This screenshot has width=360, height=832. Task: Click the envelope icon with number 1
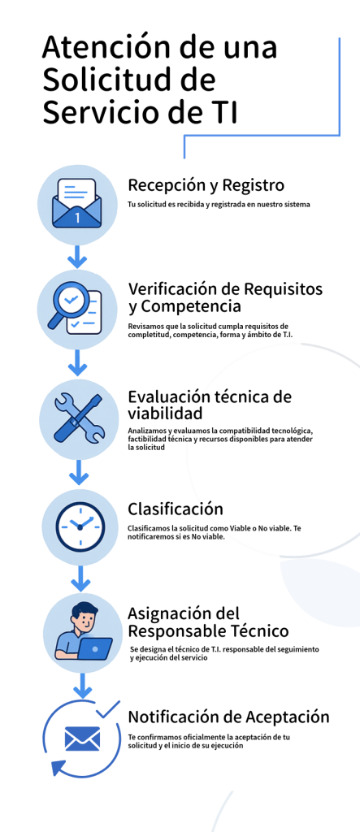click(x=77, y=204)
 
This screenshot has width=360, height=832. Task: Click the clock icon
click(x=80, y=526)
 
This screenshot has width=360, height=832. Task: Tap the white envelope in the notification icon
click(x=82, y=739)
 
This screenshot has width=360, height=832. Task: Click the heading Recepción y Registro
click(x=206, y=186)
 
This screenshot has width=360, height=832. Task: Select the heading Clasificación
click(x=176, y=509)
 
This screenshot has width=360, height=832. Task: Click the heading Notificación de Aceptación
click(x=229, y=717)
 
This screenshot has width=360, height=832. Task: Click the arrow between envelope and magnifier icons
click(x=77, y=256)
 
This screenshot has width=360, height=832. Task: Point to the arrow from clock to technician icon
click(x=80, y=578)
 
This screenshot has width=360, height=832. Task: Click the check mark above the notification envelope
click(x=108, y=708)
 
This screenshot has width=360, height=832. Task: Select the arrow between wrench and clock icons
click(x=80, y=472)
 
